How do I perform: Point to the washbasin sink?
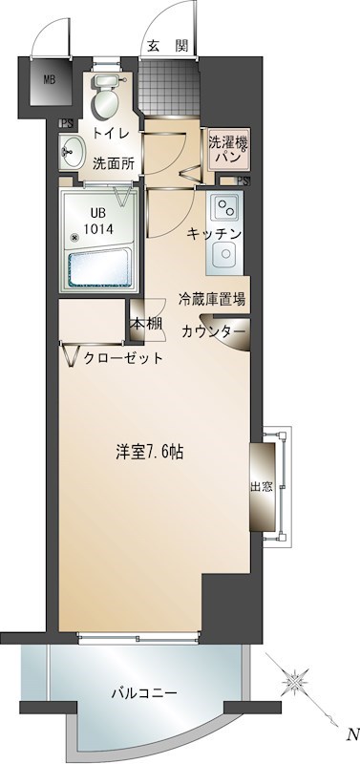71,151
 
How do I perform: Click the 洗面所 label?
112,162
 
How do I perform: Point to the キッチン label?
214,233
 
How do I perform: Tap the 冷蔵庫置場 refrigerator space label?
211,299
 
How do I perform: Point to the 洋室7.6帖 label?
151,452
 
